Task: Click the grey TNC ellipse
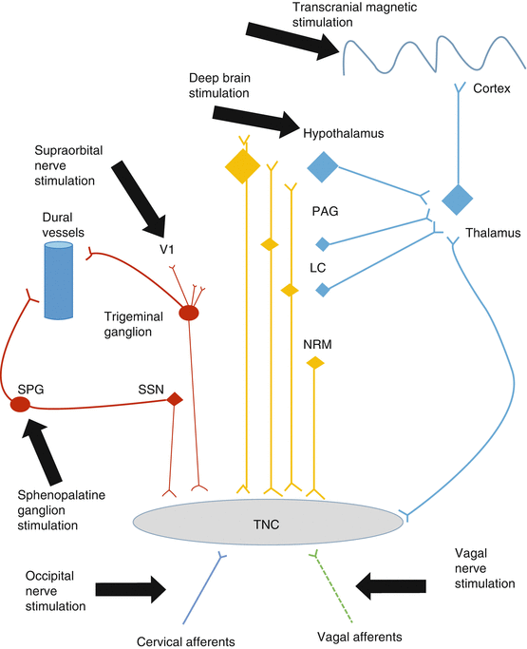[268, 522]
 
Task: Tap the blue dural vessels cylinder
[58, 280]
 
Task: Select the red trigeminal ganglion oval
[189, 313]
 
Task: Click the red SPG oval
[20, 404]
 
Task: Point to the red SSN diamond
[175, 399]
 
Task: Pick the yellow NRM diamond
[315, 363]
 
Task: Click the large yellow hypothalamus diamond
[243, 166]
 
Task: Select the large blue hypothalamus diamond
[323, 167]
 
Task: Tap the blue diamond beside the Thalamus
[458, 200]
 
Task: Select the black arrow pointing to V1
[140, 199]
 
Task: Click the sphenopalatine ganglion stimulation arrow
[42, 450]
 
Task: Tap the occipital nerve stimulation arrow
[131, 589]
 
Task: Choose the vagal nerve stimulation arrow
[391, 585]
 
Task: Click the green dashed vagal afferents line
[332, 587]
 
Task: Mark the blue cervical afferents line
[203, 588]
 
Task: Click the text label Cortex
[492, 88]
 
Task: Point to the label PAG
[325, 211]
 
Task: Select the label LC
[318, 268]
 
